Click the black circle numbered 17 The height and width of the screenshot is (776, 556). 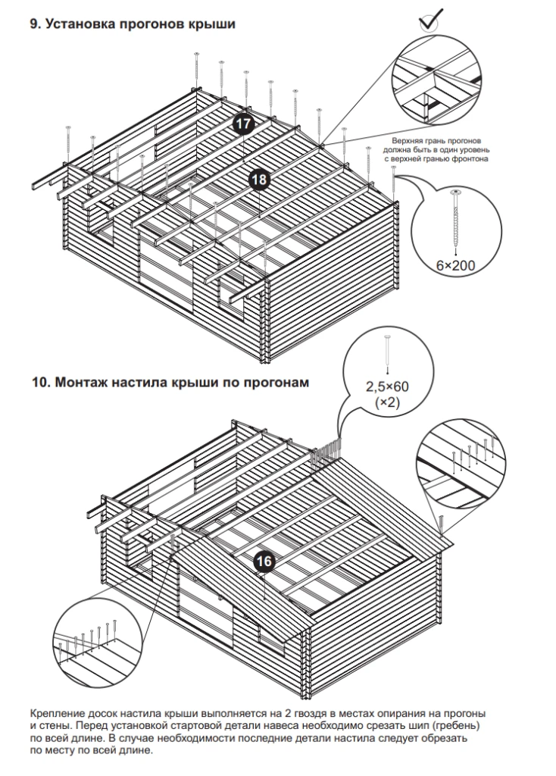[242, 124]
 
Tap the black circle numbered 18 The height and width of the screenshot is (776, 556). [259, 179]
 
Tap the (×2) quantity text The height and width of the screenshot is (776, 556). [388, 402]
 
